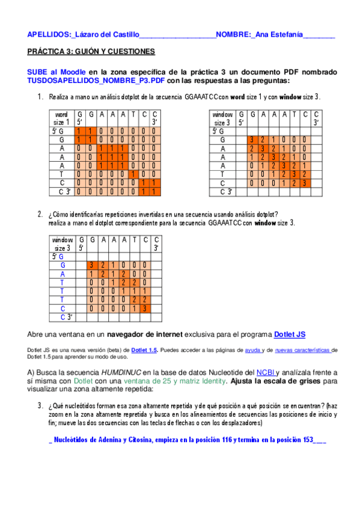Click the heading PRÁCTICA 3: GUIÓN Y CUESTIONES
pos(91,52)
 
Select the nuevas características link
pos(303,349)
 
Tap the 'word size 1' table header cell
pos(61,118)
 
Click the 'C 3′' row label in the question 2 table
pos(66,316)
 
